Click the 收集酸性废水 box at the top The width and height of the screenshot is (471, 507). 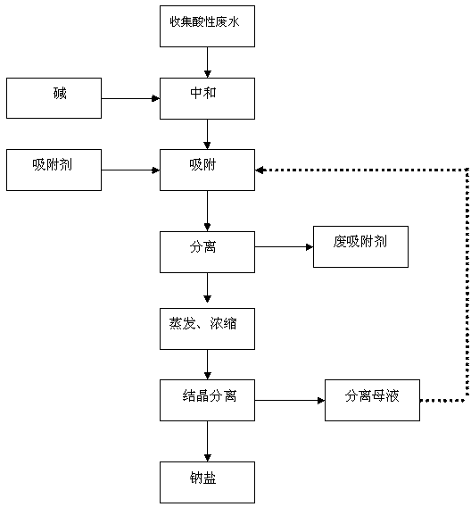point(207,26)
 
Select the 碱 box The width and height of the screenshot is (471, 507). point(54,98)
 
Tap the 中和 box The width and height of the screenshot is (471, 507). point(207,98)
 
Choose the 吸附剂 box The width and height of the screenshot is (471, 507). point(54,170)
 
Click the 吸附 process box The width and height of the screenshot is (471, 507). point(207,170)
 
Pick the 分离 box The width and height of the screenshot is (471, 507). point(207,252)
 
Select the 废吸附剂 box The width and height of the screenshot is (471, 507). point(360,246)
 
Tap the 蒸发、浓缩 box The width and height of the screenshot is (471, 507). point(207,328)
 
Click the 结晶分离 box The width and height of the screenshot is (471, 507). point(207,400)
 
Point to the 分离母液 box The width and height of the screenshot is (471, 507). point(372,400)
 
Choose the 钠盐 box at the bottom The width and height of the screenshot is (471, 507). point(207,482)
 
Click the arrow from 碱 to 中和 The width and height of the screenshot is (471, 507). point(130,98)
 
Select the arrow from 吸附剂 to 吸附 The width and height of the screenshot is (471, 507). point(130,170)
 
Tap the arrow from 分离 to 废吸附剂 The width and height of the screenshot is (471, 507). point(284,247)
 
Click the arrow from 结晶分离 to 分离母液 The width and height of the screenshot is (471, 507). point(290,401)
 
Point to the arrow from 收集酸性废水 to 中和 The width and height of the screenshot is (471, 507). point(207,62)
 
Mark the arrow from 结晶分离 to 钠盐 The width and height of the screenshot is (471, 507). point(207,441)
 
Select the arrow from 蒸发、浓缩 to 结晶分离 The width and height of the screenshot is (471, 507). point(207,364)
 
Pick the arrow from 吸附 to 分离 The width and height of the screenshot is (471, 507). point(207,211)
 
